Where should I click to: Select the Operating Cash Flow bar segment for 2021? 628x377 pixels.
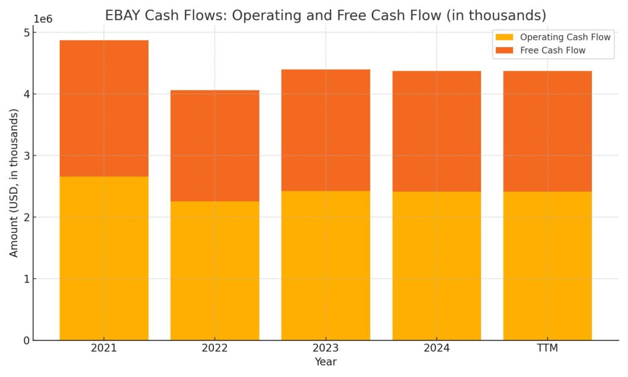[x=104, y=258]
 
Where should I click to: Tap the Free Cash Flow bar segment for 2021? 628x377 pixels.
[x=104, y=109]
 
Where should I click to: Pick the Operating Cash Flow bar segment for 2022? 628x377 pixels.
[x=215, y=270]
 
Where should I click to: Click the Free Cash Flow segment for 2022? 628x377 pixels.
[x=215, y=146]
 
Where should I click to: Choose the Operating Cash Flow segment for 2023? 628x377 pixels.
[x=326, y=265]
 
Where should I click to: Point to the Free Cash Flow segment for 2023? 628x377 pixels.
[x=326, y=131]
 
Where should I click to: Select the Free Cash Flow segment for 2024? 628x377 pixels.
[x=437, y=131]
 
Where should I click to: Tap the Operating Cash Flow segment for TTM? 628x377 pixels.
[x=548, y=266]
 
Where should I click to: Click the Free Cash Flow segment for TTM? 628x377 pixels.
[x=548, y=131]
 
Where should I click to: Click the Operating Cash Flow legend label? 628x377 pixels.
[x=565, y=37]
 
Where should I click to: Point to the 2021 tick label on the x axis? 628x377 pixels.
[x=104, y=348]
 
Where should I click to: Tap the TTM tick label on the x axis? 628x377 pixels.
[x=548, y=348]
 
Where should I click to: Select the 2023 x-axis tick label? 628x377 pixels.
[x=326, y=348]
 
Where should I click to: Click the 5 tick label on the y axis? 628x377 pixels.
[x=26, y=33]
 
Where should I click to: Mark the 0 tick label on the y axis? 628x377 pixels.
[x=26, y=340]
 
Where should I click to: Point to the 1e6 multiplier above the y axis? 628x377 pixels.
[x=43, y=19]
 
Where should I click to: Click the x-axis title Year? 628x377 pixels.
[x=326, y=362]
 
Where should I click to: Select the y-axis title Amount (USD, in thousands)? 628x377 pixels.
[x=14, y=183]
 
